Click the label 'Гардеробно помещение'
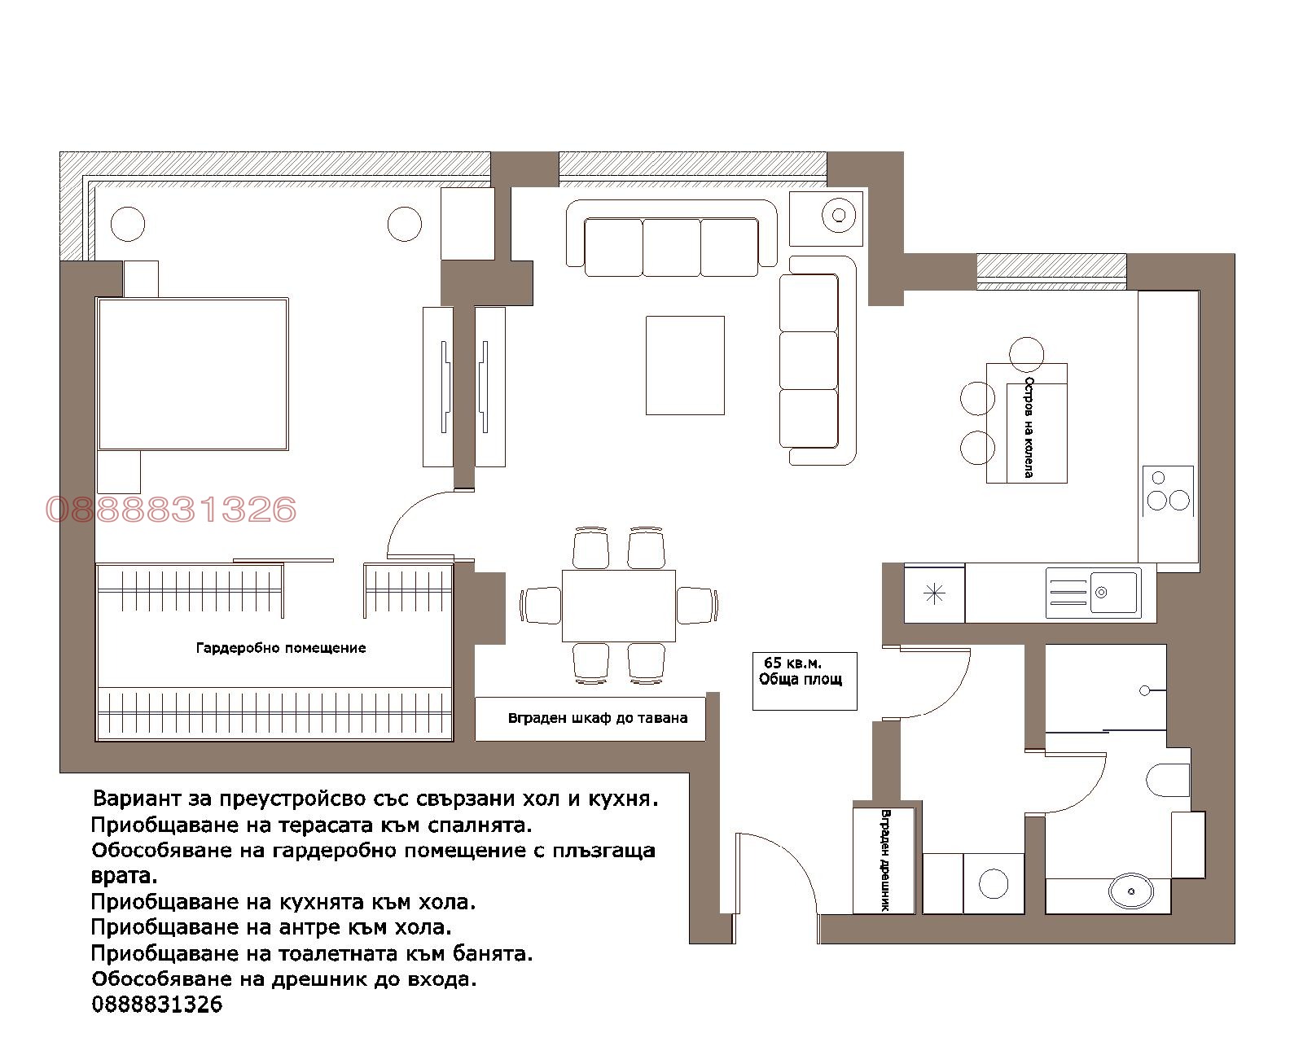click(x=281, y=649)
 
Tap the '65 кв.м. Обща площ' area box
click(x=805, y=681)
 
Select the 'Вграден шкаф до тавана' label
click(x=598, y=719)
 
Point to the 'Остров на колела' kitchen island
click(x=1027, y=423)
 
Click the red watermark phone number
click(x=171, y=509)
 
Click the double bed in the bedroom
click(x=192, y=374)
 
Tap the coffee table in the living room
click(x=685, y=366)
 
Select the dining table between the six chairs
click(x=619, y=606)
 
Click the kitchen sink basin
click(x=1113, y=592)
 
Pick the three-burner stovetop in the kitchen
click(x=1168, y=491)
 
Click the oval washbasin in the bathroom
click(x=1131, y=891)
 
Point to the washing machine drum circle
click(x=994, y=883)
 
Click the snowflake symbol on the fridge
click(x=934, y=594)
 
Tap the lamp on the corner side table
click(x=839, y=215)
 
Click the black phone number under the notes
click(x=157, y=1005)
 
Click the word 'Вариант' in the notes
click(x=136, y=799)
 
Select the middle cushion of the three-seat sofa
click(x=672, y=247)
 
